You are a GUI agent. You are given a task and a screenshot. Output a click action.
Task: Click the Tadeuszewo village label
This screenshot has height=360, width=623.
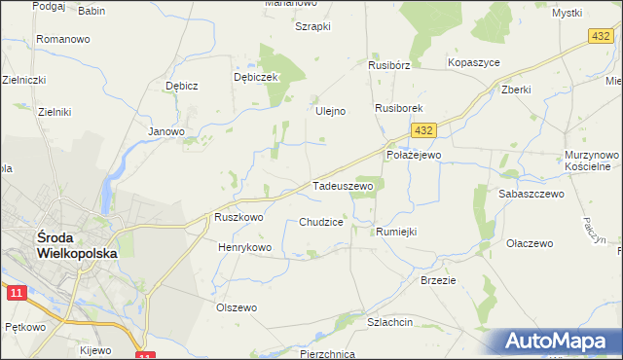tap(342, 185)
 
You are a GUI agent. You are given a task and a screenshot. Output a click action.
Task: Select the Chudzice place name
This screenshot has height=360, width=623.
tap(320, 222)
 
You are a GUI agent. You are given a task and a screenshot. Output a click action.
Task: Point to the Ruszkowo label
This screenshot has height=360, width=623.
tap(238, 218)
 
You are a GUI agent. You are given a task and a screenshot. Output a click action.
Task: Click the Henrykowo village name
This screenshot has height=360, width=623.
tap(244, 247)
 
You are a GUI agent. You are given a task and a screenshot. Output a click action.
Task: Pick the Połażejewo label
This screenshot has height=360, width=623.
tap(414, 155)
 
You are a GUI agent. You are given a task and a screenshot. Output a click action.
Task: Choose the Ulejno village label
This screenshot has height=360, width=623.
tap(331, 111)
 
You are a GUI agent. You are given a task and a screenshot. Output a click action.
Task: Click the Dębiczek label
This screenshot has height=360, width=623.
tap(256, 76)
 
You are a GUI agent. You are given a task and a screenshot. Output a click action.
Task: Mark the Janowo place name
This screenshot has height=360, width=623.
tap(165, 130)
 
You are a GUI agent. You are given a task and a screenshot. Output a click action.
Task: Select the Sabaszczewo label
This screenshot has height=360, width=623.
tap(531, 194)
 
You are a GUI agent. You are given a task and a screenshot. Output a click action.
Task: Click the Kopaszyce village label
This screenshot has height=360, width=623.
tap(473, 62)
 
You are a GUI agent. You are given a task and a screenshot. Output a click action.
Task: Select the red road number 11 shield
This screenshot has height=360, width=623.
tap(16, 292)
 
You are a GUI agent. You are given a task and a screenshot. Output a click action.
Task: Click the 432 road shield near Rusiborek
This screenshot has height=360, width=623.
tap(421, 129)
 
